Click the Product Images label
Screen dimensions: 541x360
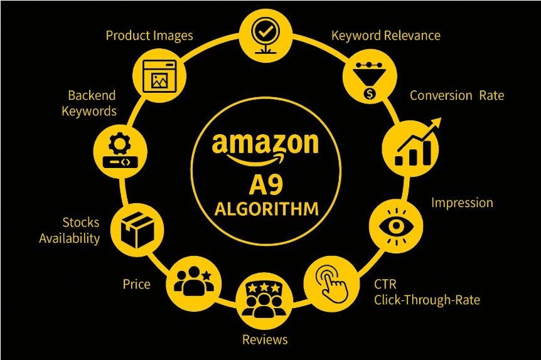(149, 35)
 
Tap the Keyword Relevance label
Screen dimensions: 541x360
(385, 35)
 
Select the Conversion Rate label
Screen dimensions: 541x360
(457, 95)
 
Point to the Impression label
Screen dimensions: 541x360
(462, 203)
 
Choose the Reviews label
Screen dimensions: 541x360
(265, 339)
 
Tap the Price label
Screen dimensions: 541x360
(136, 284)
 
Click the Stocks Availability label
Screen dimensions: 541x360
(70, 230)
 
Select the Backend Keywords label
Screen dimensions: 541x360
(92, 103)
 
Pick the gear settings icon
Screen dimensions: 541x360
(119, 150)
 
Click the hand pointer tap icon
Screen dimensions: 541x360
(331, 280)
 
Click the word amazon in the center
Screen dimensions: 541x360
(265, 145)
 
